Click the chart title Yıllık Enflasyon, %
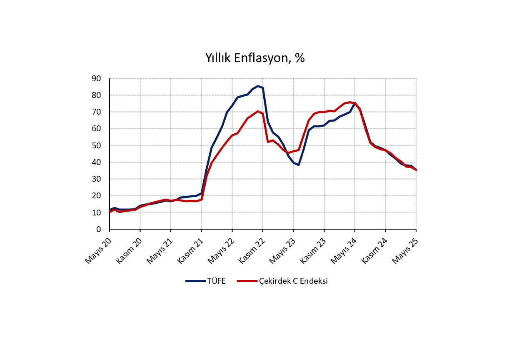(x=255, y=58)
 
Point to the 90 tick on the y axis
(x=96, y=78)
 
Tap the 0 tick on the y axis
(x=99, y=229)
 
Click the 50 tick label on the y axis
(x=96, y=145)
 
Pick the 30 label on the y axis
(x=96, y=179)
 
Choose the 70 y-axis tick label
(x=96, y=112)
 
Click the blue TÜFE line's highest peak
(x=258, y=86)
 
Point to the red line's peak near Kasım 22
(x=258, y=111)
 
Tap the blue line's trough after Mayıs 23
(x=299, y=165)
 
